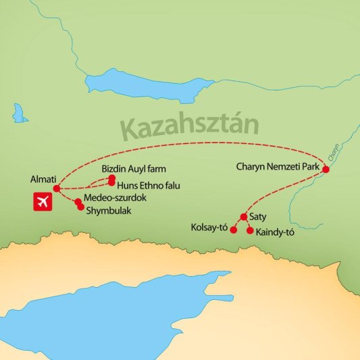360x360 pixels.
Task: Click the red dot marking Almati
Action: [x=57, y=188]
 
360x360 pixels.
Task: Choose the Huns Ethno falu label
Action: [x=149, y=185]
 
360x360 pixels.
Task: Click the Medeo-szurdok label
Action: [x=115, y=197]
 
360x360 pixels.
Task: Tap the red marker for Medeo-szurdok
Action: [x=78, y=201]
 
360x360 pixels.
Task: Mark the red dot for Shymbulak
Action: [x=82, y=207]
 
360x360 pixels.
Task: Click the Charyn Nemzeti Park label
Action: [x=278, y=165]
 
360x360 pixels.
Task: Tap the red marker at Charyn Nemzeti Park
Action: [x=326, y=170]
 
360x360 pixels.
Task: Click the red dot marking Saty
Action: [x=243, y=217]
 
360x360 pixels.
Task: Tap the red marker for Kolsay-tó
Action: [x=234, y=230]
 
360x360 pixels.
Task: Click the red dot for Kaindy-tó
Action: [x=251, y=231]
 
